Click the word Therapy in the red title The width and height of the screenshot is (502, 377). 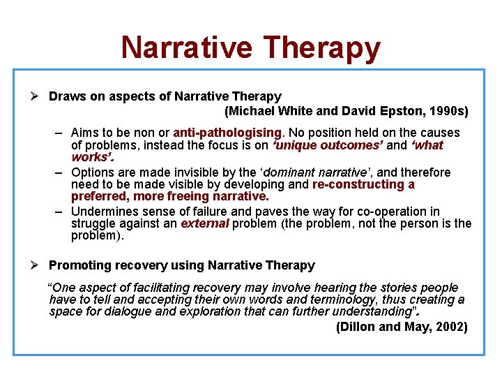(x=323, y=47)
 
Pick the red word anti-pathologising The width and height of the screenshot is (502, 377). (x=228, y=133)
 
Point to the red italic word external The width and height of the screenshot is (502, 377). (x=204, y=224)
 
